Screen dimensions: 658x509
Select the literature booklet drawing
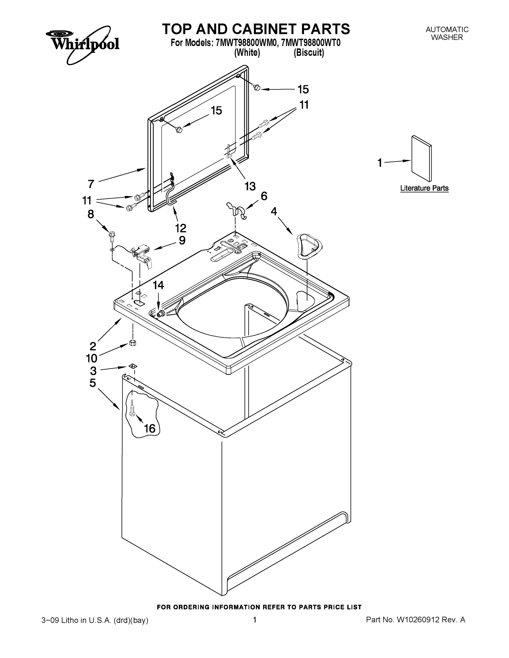point(421,158)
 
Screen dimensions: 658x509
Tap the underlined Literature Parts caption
point(424,188)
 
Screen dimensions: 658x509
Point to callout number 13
point(250,186)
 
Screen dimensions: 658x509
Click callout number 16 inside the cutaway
point(150,428)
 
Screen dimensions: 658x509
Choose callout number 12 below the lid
point(181,228)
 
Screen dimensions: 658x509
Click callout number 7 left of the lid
point(91,183)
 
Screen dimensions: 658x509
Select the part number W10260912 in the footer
point(418,620)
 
